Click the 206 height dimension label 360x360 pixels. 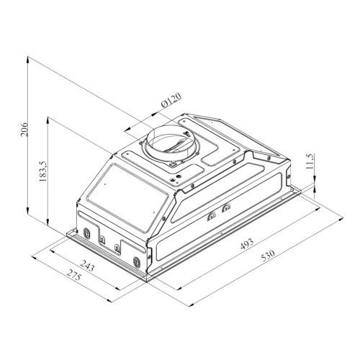click(24, 130)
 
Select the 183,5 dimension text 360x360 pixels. click(43, 171)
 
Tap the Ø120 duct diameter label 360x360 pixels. click(172, 100)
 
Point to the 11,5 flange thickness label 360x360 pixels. click(310, 161)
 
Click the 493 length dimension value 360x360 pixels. click(247, 243)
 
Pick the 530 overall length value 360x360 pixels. click(268, 256)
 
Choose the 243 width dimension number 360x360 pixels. click(87, 265)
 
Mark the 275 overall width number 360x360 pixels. click(73, 275)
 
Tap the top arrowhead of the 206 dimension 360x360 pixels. click(28, 59)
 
